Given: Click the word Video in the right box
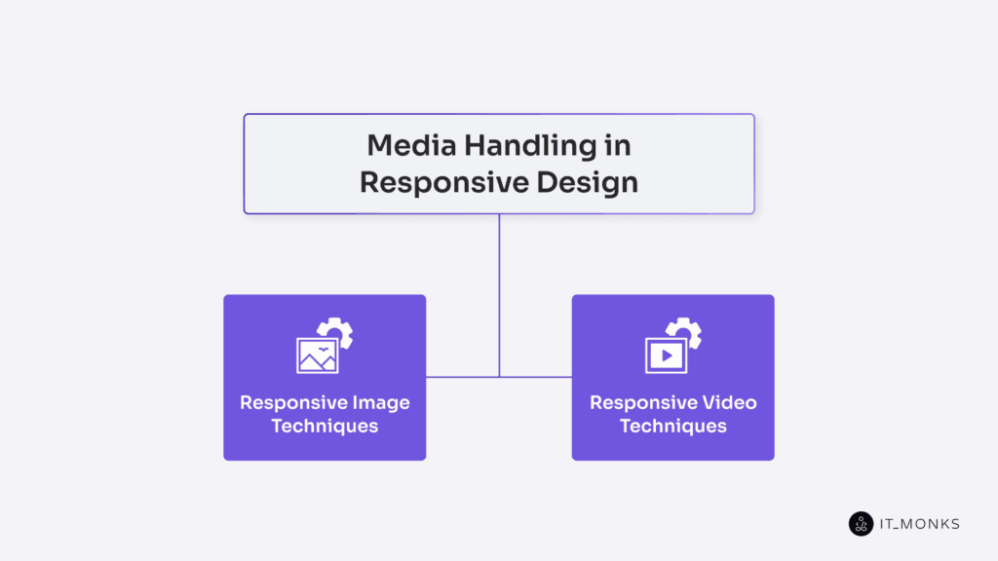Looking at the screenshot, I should point(729,402).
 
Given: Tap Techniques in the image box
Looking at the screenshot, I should point(325,426).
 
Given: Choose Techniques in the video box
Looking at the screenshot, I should point(673,426).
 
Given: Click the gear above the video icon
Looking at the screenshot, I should point(688,332).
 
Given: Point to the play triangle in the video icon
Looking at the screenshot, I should point(668,355).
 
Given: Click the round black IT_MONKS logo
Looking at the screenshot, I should point(861,524).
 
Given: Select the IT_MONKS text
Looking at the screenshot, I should point(919,524).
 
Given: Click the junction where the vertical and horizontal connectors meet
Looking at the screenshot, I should point(499,377).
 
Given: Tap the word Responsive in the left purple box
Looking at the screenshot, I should point(288,402).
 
